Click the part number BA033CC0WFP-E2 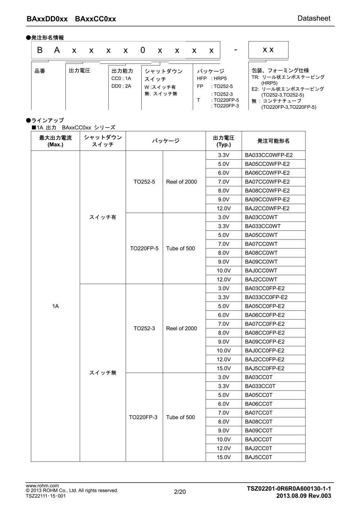coord(268,155)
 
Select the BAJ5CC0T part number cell coord(258,457)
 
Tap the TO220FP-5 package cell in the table coord(144,248)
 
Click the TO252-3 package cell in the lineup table coord(144,328)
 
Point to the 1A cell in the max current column coord(55,306)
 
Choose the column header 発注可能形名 coord(273,141)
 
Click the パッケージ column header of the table coord(165,141)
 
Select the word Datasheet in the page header coord(314,18)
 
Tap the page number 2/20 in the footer coord(180,492)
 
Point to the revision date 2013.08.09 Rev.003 coord(303,496)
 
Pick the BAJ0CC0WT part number coord(261,271)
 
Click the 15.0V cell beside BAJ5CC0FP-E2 coord(224,368)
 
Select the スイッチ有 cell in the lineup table coord(102,217)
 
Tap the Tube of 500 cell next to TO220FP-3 coord(180,417)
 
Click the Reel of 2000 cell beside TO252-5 coord(181,182)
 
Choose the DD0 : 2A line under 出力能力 coord(121,86)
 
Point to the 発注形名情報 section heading coord(47,38)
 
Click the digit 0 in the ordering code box coord(142,50)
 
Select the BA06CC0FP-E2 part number coord(265,315)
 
